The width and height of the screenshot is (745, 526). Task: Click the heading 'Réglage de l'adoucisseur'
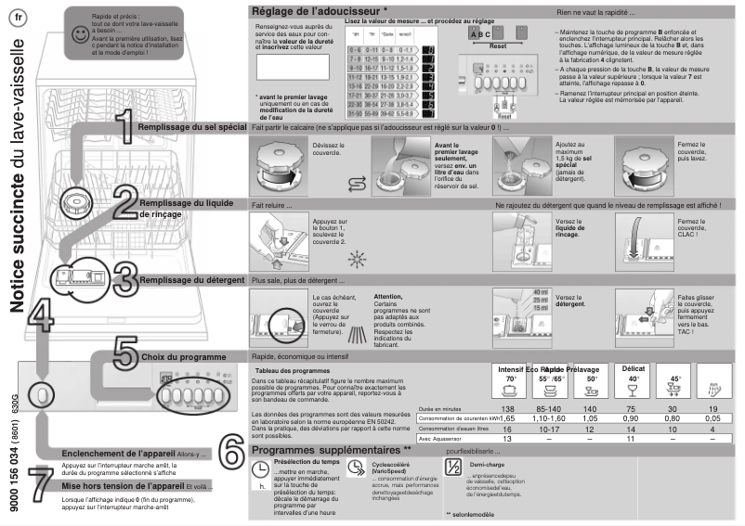tap(313, 10)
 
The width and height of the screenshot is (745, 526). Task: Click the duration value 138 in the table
tap(507, 409)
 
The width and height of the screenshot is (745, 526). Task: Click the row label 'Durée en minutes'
tap(441, 409)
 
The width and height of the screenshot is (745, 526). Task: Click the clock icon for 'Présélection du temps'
tap(261, 470)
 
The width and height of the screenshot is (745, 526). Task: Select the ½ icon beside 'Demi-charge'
tap(452, 468)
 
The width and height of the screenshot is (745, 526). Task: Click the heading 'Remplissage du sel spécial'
tap(191, 126)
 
